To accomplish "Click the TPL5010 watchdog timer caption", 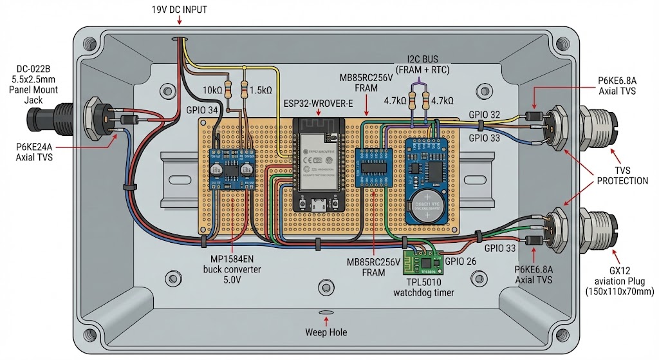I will (425, 287).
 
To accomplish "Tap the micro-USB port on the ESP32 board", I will (317, 205).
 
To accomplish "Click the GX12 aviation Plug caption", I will (617, 282).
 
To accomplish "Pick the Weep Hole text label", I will (326, 332).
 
